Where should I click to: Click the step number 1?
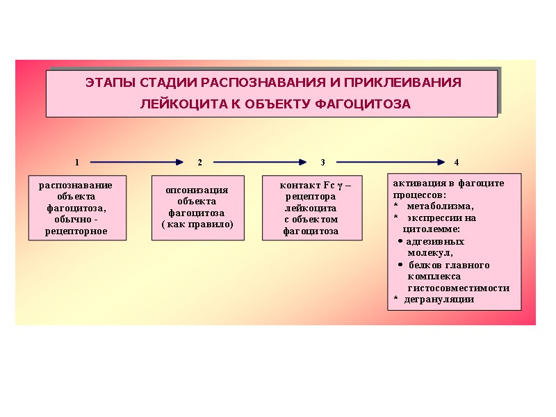click(76, 162)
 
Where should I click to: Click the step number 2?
click(199, 162)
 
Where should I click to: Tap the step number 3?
click(322, 162)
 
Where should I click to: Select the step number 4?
click(457, 162)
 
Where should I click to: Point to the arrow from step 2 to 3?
click(260, 162)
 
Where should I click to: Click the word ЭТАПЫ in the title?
click(111, 83)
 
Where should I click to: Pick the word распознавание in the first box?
click(76, 186)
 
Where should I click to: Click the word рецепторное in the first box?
click(76, 231)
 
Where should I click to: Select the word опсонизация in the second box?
click(197, 190)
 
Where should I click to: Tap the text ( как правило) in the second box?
click(197, 224)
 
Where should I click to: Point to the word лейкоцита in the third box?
click(311, 208)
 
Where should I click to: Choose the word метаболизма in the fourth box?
click(441, 206)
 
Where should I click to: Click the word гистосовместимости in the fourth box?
click(459, 288)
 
